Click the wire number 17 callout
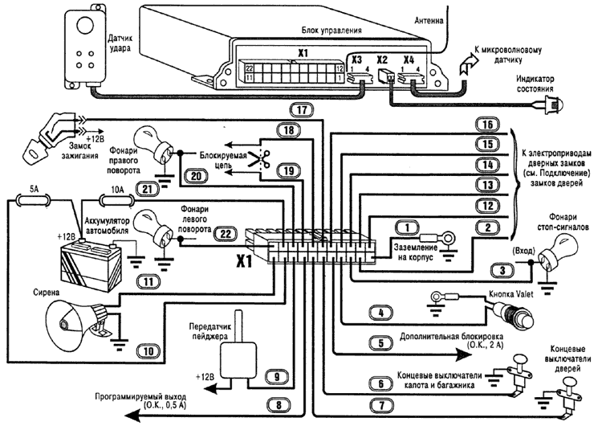[x=300, y=109]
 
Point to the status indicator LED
[x=553, y=103]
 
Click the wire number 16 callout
[x=483, y=125]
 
